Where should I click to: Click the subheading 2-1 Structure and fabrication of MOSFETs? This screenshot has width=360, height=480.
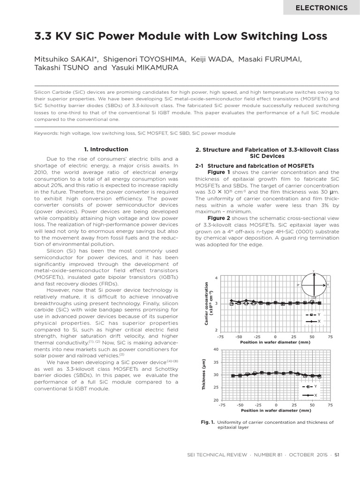[x=254, y=166]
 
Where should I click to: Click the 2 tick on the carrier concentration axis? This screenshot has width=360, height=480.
[x=216, y=330]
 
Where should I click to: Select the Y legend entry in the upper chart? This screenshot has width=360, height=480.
[x=314, y=315]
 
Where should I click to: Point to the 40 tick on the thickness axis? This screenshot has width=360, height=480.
[x=216, y=350]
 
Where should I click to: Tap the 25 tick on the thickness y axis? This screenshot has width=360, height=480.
[x=216, y=388]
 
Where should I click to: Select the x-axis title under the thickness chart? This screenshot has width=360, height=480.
[x=276, y=411]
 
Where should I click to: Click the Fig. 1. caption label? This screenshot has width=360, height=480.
[x=207, y=422]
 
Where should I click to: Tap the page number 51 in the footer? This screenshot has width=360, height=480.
[x=337, y=459]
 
